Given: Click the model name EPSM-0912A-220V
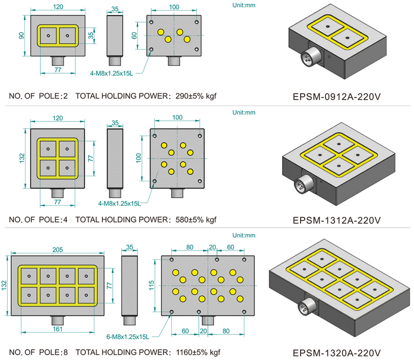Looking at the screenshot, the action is point(337,97).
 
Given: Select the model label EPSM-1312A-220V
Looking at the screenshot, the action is point(337,220).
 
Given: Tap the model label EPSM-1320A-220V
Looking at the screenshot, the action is point(337,353).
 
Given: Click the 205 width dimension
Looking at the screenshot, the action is point(57,250).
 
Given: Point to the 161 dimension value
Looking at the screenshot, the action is point(57,329).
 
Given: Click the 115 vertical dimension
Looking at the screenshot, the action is point(152,286).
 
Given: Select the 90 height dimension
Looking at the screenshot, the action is point(21,36).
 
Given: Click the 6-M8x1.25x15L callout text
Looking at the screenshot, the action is point(128,337).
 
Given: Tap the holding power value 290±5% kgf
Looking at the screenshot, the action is point(196,96).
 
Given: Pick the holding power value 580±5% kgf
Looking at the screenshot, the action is point(196,220).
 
